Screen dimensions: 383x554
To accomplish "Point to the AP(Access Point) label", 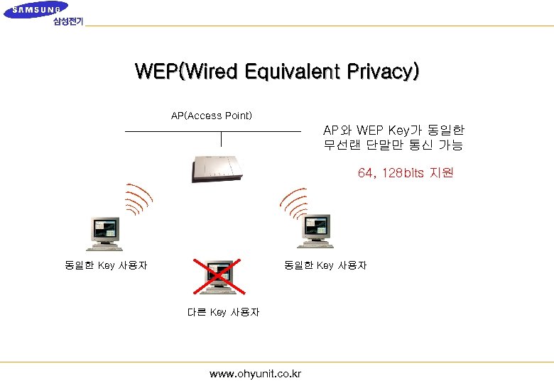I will (x=211, y=116).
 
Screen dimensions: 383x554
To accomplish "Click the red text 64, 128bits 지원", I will (x=405, y=173).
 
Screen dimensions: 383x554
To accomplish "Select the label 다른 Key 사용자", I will (x=223, y=312).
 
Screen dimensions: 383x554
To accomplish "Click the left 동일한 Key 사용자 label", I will (x=106, y=265).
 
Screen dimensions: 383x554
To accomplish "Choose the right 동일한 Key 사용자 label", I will (x=325, y=265).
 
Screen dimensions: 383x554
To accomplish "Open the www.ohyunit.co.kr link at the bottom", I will (x=255, y=373).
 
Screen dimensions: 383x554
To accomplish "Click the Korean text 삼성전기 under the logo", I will (x=68, y=21).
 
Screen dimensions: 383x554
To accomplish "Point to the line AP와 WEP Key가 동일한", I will (x=393, y=131).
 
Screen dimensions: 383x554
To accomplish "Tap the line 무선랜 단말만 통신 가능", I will (x=393, y=145).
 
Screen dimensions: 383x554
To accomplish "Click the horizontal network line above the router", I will (x=212, y=131).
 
